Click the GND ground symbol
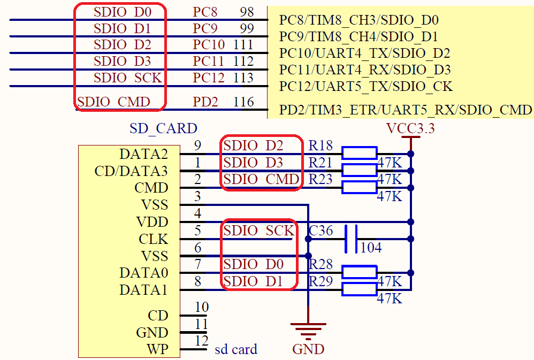tap(308, 330)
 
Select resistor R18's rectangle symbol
tap(360, 154)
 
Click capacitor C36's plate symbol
tap(351, 239)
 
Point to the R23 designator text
tap(321, 180)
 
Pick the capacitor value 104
tap(371, 248)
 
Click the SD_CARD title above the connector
tap(163, 128)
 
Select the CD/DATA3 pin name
tap(131, 171)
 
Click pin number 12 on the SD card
tap(201, 341)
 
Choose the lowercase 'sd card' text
tap(236, 350)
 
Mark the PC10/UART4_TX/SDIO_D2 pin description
tap(364, 53)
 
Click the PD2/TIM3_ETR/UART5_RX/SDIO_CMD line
tap(406, 110)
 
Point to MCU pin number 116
tap(243, 102)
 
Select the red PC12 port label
tap(209, 78)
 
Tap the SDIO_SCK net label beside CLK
tap(258, 231)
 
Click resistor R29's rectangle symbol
tap(360, 290)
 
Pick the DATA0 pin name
tap(143, 273)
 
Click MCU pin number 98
tap(247, 11)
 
